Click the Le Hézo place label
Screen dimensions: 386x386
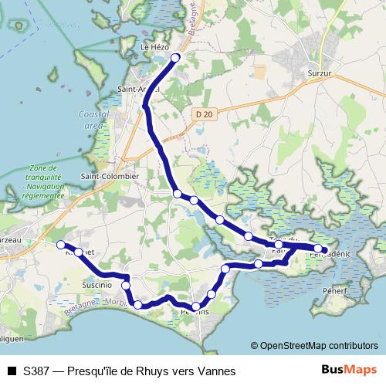click(153, 46)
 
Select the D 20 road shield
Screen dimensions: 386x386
click(204, 114)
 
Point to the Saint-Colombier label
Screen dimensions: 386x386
click(110, 176)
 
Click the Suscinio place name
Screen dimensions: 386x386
click(97, 285)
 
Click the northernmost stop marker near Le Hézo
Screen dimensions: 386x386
click(175, 58)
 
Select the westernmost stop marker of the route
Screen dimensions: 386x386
click(61, 245)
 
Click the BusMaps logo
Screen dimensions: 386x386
click(349, 371)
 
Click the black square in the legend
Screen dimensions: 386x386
click(11, 371)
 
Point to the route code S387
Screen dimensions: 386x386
click(38, 371)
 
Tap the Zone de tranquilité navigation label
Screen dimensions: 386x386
click(43, 182)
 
